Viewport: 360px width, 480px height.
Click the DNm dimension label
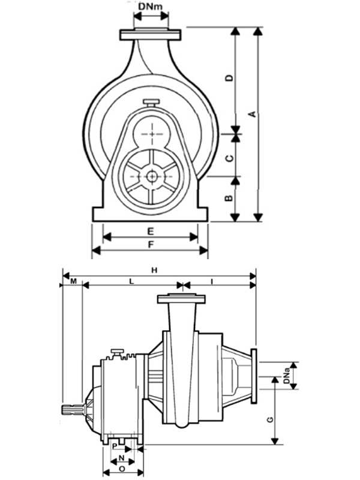[150, 7]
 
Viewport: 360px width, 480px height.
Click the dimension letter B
[229, 199]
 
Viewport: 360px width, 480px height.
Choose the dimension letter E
[151, 231]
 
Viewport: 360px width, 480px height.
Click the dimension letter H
[154, 271]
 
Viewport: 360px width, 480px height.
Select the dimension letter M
[72, 281]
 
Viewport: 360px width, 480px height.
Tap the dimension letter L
[131, 281]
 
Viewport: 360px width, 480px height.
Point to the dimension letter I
[214, 281]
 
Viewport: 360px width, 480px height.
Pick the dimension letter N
[120, 457]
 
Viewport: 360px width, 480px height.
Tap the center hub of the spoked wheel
[151, 176]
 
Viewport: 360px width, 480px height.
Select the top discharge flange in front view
[150, 35]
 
